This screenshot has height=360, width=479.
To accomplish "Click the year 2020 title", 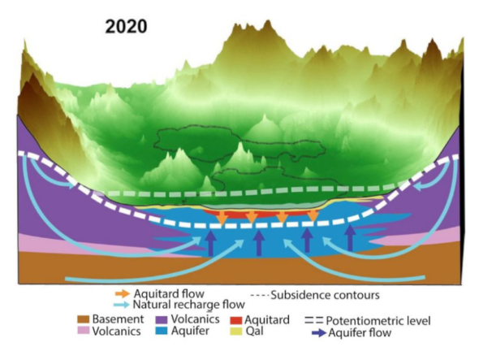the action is pos(126,26).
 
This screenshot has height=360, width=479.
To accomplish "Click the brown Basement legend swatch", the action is pos(83,319).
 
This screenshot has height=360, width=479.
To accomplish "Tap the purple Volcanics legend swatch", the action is pos(162,319).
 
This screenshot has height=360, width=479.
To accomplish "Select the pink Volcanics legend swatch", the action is pos(83,331).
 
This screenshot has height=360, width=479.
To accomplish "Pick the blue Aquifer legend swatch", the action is pos(162,331).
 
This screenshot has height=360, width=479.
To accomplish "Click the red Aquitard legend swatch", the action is pos(236,320).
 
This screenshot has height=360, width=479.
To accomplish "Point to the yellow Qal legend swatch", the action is pos(236,332).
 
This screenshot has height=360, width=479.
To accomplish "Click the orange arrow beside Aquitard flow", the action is pos(122,294).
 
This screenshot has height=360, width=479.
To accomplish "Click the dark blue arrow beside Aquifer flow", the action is pos(319,333).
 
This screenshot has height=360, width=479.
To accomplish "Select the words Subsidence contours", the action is pos(325,295).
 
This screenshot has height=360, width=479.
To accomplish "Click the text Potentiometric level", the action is pos(378,321).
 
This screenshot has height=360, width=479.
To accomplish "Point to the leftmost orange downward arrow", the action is pos(222,218).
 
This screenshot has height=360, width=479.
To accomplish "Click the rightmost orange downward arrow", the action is pos(313,216).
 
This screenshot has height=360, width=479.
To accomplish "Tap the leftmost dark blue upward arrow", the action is pos(210,244).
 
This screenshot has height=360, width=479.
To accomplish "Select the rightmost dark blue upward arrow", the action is pos(350,237).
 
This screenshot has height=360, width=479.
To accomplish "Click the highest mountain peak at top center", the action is pos(268,21).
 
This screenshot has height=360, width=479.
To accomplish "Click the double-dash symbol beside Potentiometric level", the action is pos(313,320).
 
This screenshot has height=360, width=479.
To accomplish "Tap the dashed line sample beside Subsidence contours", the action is pos(260,296).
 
